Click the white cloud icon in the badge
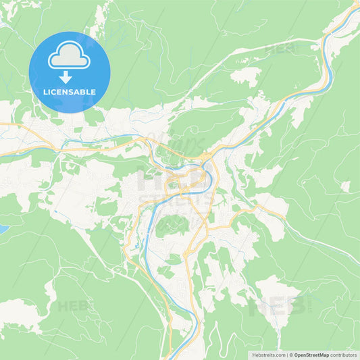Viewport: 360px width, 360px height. point(69,56)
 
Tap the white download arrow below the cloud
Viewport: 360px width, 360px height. point(66,76)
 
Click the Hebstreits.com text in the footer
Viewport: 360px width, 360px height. point(265,355)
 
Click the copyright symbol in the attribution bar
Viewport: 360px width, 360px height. point(290,355)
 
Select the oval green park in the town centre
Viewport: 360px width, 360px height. point(172,225)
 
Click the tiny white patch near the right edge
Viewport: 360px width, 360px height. point(345,186)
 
